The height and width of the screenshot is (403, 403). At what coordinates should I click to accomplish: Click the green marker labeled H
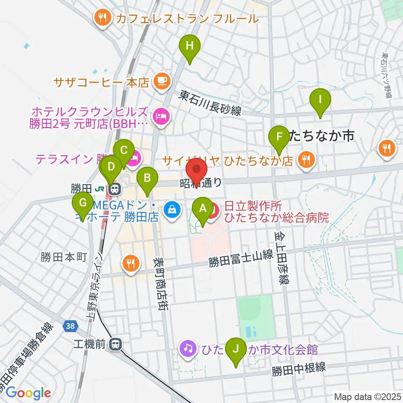(x=190, y=46)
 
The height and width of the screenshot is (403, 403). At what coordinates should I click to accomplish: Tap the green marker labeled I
(x=320, y=100)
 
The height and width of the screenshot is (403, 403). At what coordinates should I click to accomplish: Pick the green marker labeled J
(x=236, y=349)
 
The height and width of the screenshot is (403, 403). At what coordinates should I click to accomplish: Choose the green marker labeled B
(x=147, y=178)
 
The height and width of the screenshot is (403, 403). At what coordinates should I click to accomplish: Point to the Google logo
(x=28, y=393)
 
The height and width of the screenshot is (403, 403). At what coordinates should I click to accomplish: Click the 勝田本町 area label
(x=63, y=257)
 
